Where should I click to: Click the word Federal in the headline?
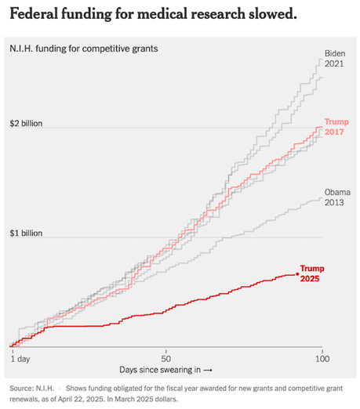pyautogui.click(x=36, y=16)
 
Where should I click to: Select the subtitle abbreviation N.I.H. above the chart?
pyautogui.click(x=24, y=49)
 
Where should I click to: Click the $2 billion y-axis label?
pyautogui.click(x=26, y=124)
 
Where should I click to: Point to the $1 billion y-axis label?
pyautogui.click(x=26, y=233)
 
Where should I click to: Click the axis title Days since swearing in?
pyautogui.click(x=165, y=368)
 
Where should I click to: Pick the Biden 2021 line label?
pyautogui.click(x=336, y=59)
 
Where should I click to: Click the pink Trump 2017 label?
pyautogui.click(x=336, y=128)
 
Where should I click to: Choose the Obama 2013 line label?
pyautogui.click(x=337, y=197)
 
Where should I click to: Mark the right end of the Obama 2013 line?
pyautogui.click(x=322, y=199)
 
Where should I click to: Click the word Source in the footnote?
pyautogui.click(x=22, y=388)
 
